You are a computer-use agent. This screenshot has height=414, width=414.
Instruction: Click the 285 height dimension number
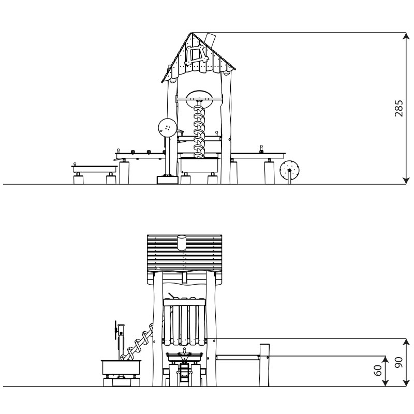tap(398, 108)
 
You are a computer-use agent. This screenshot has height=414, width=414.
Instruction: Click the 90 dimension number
tap(398, 362)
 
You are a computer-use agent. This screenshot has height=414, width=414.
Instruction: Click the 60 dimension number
tap(378, 370)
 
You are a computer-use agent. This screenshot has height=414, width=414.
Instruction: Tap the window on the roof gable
tap(196, 55)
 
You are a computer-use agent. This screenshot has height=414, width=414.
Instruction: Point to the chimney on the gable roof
tap(211, 39)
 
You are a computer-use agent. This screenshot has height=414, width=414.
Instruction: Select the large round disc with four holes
tap(167, 127)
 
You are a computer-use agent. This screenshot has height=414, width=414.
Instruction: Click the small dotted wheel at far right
tap(290, 169)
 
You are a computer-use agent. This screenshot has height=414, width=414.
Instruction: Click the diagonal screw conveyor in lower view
tap(137, 342)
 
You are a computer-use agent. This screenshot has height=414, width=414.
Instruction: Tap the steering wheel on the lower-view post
tap(115, 330)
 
